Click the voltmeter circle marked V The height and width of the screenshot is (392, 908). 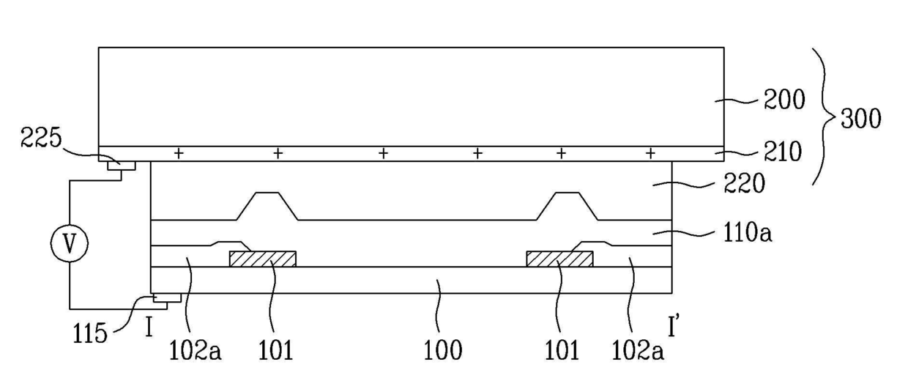(70, 243)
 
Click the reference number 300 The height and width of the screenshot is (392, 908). (860, 119)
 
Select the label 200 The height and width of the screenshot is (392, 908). (784, 100)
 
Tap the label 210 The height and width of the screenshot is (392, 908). (782, 152)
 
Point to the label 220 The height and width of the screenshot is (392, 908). (745, 183)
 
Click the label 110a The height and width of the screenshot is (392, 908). (748, 233)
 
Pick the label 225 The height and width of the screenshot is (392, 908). (41, 137)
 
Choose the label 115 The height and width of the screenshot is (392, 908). (90, 334)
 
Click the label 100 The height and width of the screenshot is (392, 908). (442, 350)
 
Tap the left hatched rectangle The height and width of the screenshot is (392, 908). (263, 259)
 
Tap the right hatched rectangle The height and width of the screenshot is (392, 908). (559, 259)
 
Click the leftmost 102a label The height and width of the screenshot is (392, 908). (195, 350)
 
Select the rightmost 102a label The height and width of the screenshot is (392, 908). (638, 350)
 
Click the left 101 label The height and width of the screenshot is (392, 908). (275, 350)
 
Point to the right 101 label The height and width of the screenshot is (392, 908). (562, 350)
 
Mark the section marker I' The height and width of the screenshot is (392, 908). (674, 326)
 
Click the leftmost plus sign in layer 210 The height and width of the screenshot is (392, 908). (179, 153)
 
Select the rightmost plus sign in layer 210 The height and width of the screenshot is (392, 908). (650, 153)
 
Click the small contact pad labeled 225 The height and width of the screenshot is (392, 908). (122, 166)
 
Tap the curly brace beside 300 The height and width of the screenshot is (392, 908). (825, 117)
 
